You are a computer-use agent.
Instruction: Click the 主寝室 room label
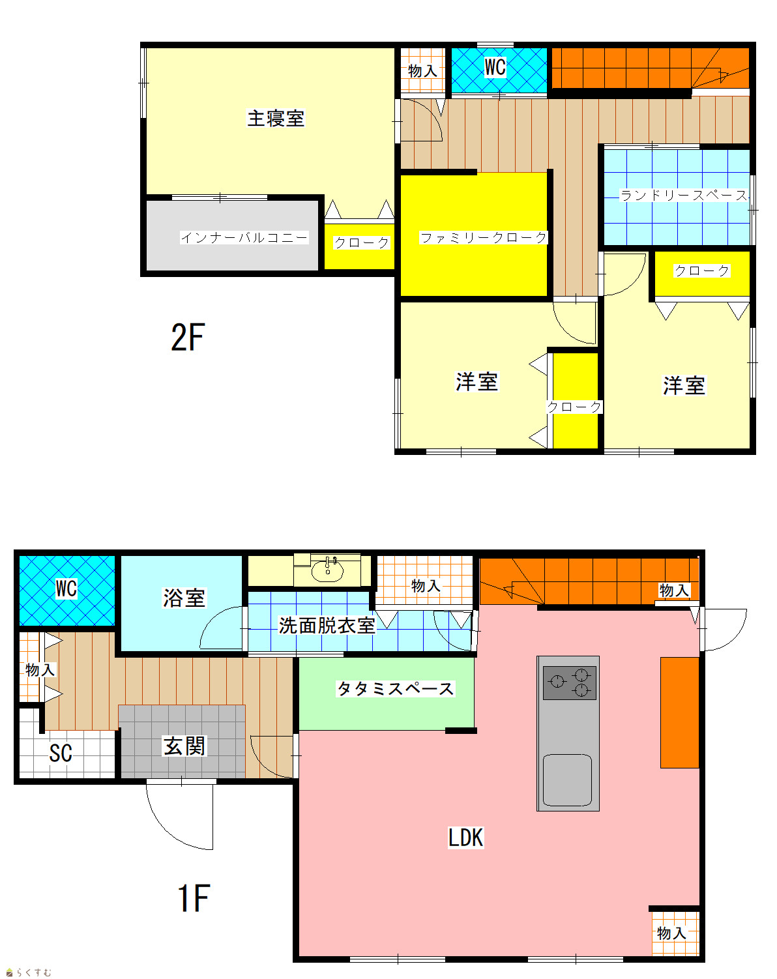click(x=276, y=118)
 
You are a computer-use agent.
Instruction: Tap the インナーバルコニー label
click(x=244, y=237)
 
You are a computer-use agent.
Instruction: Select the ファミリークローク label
click(x=483, y=237)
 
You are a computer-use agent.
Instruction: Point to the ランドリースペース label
click(x=684, y=195)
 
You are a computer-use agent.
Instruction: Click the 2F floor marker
click(x=188, y=337)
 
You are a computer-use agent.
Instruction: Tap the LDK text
click(x=466, y=838)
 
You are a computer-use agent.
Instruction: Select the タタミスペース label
click(x=395, y=689)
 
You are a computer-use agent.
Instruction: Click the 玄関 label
click(x=184, y=746)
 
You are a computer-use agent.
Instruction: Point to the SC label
click(x=61, y=753)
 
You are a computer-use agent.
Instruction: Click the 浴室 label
click(x=184, y=598)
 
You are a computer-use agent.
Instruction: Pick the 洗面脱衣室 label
click(x=327, y=626)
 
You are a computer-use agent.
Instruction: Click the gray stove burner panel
click(x=570, y=683)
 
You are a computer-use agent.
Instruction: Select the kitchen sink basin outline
click(x=567, y=780)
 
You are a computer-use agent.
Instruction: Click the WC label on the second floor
click(x=495, y=67)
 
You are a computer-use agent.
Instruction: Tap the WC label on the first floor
click(x=66, y=589)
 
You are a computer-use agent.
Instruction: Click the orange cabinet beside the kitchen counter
click(x=680, y=712)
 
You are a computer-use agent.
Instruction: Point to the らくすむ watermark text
click(x=34, y=972)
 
